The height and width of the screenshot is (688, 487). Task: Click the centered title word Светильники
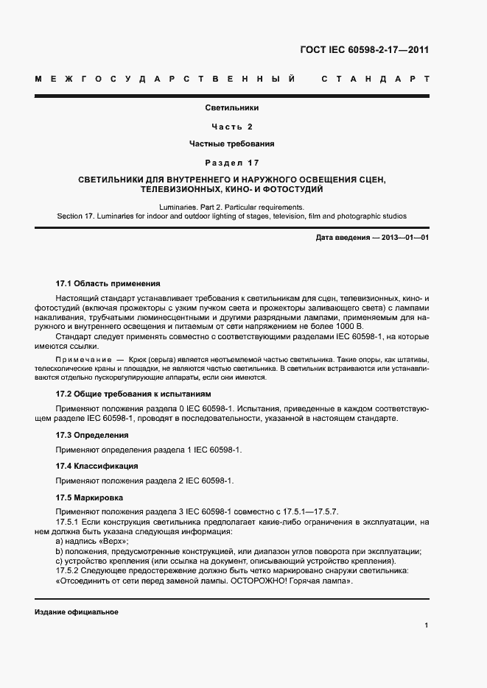coord(232,108)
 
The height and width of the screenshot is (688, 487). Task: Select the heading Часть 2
coord(232,126)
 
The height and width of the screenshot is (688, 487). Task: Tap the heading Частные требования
coord(232,143)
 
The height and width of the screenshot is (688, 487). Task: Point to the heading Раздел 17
coord(232,162)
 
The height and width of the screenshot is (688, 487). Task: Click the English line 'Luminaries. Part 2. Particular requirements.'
coord(232,208)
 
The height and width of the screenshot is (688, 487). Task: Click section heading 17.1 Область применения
coord(108,283)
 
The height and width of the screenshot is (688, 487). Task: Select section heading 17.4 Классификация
coord(97,466)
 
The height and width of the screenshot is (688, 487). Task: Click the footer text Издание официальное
coord(77,612)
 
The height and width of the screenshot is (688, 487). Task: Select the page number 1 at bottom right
coord(427,625)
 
